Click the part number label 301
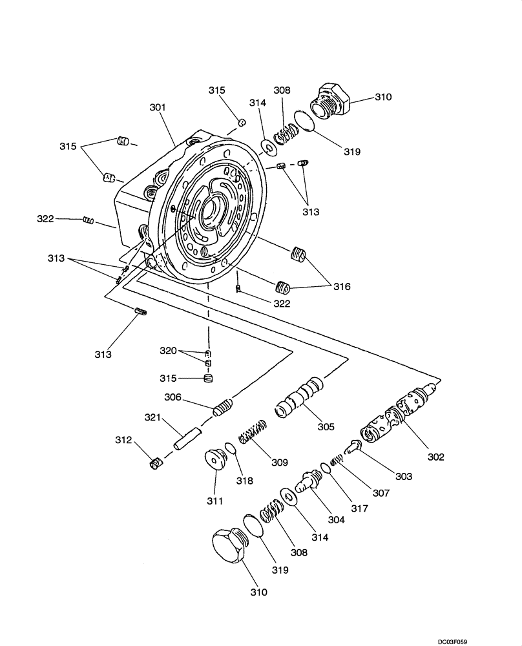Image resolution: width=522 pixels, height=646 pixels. click(x=158, y=107)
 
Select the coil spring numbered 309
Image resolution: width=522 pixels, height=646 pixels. click(x=253, y=431)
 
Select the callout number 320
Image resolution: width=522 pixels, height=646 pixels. click(x=168, y=351)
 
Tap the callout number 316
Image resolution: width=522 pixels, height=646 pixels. click(x=342, y=286)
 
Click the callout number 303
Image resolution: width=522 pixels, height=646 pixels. click(x=403, y=477)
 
